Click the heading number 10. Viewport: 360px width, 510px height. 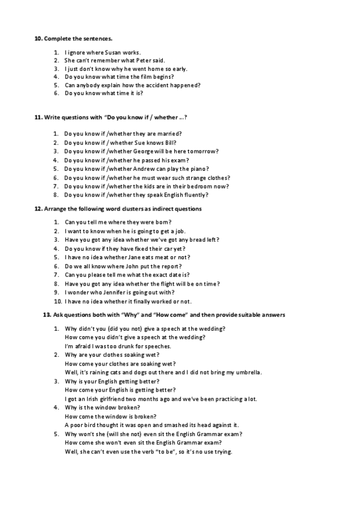pyautogui.click(x=37, y=38)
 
